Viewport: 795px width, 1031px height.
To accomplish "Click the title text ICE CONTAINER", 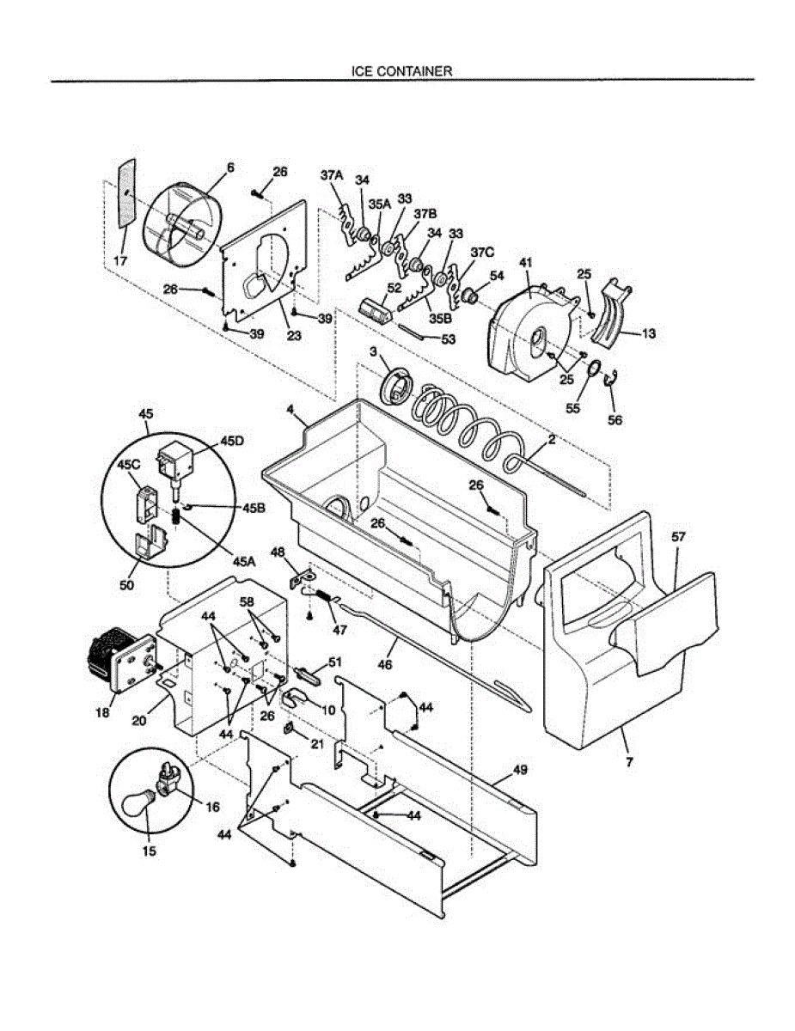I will (401, 72).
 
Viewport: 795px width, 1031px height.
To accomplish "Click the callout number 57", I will (678, 536).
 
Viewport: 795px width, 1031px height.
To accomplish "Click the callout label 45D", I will (232, 441).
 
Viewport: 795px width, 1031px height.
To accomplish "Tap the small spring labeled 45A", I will (176, 517).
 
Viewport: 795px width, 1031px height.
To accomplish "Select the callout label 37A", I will (332, 175).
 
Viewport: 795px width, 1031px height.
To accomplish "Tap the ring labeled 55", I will (592, 370).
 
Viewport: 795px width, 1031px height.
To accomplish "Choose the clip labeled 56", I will (612, 379).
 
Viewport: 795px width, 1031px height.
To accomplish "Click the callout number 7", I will (630, 761).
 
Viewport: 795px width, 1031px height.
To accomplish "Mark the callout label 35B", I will (440, 318).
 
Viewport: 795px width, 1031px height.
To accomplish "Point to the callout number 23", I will (294, 336).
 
